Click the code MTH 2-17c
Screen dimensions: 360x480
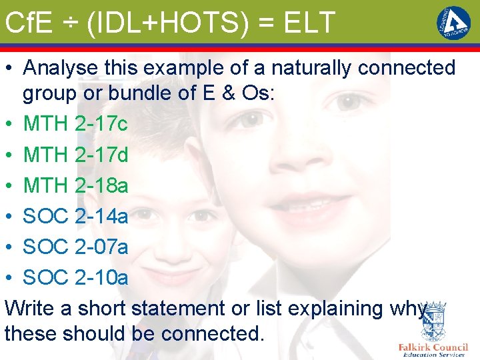click(75, 124)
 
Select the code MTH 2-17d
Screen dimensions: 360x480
click(75, 155)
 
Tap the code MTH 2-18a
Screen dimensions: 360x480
click(75, 185)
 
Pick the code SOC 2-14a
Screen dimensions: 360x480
click(75, 216)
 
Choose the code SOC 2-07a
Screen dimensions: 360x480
click(75, 247)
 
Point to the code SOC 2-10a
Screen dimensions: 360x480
click(75, 277)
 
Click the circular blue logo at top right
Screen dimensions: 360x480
click(453, 23)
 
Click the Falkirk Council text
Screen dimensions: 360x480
click(433, 347)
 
